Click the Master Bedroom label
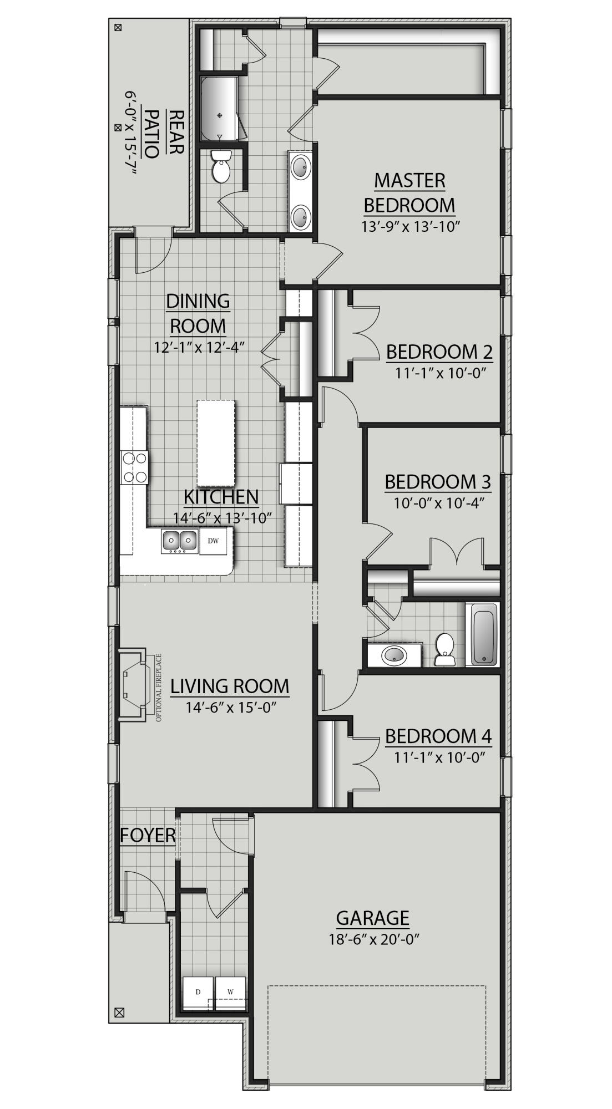click(409, 192)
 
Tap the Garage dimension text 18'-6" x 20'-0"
click(372, 939)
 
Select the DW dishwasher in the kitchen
click(213, 540)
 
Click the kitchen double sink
click(180, 541)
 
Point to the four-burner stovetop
click(135, 467)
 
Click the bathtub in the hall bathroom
click(485, 634)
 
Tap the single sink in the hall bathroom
click(394, 655)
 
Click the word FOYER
click(148, 835)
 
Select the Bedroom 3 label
click(438, 482)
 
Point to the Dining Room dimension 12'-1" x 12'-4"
click(199, 347)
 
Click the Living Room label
click(230, 686)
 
